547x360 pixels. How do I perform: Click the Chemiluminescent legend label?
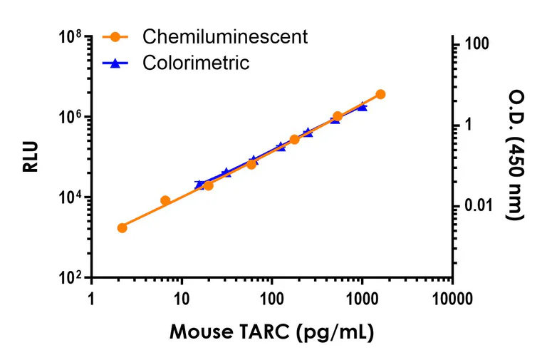coord(225,36)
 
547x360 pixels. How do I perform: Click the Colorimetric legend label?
coord(196,63)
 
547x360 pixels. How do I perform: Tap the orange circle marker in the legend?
coord(116,36)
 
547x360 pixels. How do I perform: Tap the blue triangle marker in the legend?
coord(116,63)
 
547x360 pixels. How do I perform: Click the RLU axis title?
coord(30,158)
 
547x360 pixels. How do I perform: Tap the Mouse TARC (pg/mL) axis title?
coord(271,332)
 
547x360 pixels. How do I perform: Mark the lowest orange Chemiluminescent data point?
coord(122,227)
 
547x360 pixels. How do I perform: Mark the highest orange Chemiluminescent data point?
coord(380,94)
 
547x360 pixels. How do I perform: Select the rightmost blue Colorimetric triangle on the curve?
coord(363,107)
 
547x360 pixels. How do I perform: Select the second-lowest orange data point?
coord(165,200)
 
